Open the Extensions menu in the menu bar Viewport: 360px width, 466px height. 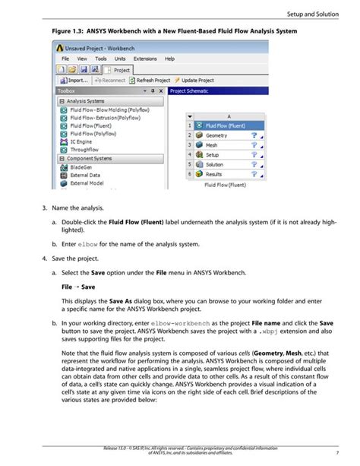coord(144,59)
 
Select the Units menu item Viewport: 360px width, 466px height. coord(119,59)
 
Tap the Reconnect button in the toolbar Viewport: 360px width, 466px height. coord(109,80)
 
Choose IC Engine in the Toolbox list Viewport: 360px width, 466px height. coord(81,141)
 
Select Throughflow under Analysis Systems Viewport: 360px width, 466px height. coord(84,150)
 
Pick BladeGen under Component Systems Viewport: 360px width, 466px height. coord(82,167)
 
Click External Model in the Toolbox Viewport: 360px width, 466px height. coord(88,183)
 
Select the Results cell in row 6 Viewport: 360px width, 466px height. coord(214,174)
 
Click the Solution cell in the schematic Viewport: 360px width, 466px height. coord(214,164)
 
